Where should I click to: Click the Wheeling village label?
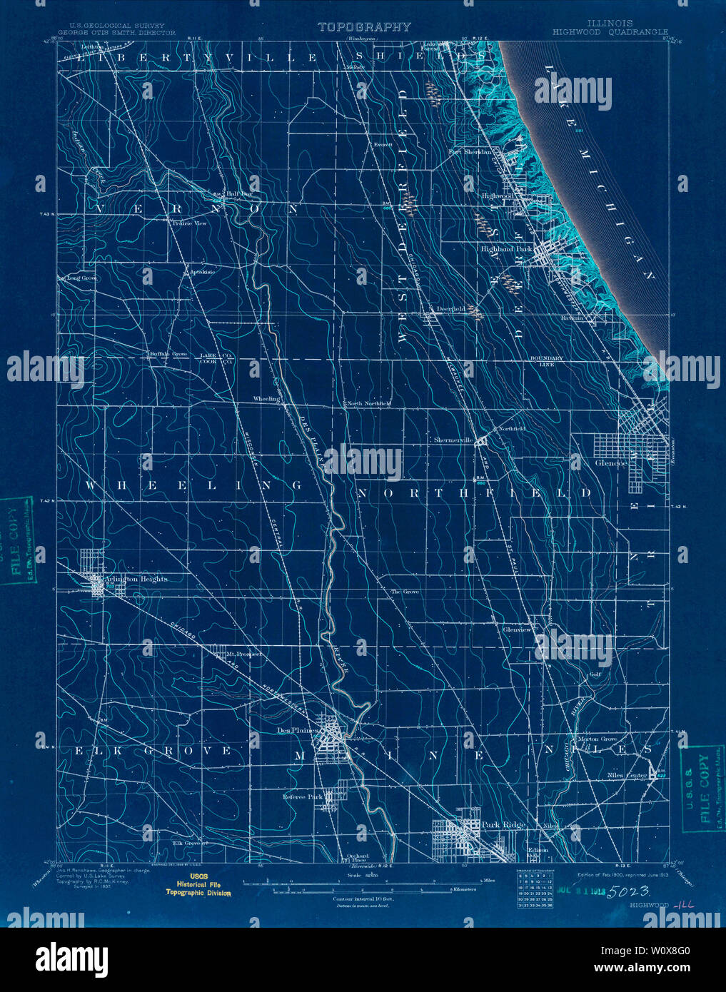click(266, 399)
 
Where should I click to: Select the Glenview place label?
click(517, 630)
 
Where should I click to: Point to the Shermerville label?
click(453, 440)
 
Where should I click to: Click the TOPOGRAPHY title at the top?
click(364, 27)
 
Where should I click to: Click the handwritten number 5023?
click(628, 891)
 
